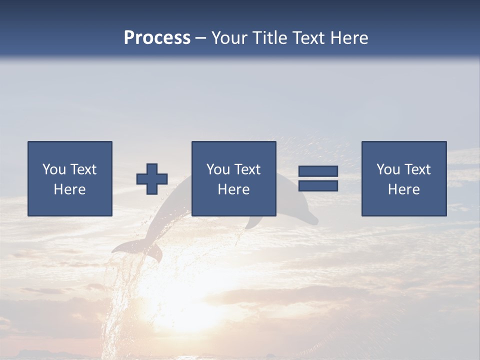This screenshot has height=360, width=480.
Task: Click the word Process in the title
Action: [x=157, y=38]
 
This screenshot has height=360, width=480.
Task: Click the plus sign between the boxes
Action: [x=152, y=179]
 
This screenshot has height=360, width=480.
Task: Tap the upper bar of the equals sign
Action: [x=318, y=171]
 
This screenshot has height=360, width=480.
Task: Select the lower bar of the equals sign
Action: [x=318, y=186]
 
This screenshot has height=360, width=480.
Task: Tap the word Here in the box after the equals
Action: [x=404, y=189]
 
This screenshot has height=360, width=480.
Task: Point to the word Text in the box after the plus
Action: [x=247, y=169]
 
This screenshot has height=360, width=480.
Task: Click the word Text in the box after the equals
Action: [x=417, y=169]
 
